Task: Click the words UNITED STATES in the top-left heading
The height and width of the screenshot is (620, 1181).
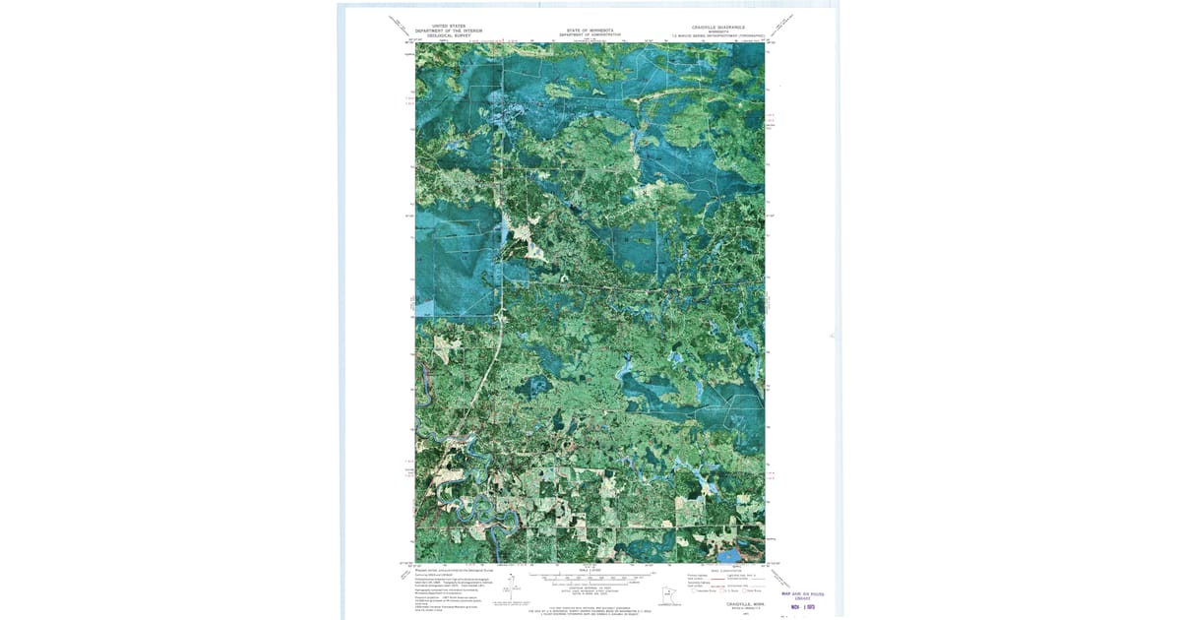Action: tap(449, 27)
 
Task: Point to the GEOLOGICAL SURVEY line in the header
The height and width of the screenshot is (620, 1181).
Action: tap(449, 35)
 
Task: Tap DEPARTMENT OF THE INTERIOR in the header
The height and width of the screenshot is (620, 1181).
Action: tap(449, 31)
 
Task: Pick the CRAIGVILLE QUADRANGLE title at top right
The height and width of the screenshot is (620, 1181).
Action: tap(718, 28)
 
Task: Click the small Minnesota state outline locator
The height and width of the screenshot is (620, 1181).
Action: tap(670, 594)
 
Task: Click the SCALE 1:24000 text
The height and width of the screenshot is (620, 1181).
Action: tap(590, 570)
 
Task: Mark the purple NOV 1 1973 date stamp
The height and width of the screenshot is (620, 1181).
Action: tap(805, 607)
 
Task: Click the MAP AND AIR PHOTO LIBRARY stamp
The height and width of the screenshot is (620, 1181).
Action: tap(802, 595)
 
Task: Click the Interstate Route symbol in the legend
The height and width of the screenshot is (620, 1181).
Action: tap(692, 589)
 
